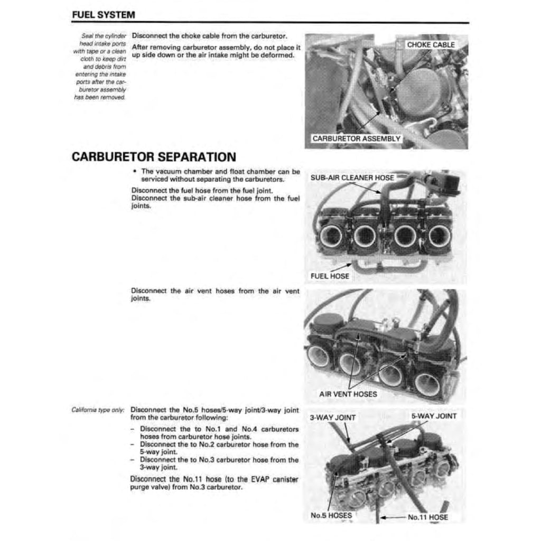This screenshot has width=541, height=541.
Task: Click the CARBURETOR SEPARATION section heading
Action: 153,157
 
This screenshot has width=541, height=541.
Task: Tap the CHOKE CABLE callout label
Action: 431,45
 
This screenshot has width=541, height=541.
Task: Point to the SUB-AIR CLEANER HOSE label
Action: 352,178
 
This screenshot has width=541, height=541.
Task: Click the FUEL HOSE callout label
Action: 329,276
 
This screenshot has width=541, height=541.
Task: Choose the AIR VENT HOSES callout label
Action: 348,394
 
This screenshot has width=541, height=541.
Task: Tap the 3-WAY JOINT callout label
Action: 332,417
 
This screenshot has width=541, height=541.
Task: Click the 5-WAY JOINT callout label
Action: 433,416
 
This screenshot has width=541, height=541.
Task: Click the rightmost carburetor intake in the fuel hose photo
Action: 439,236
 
